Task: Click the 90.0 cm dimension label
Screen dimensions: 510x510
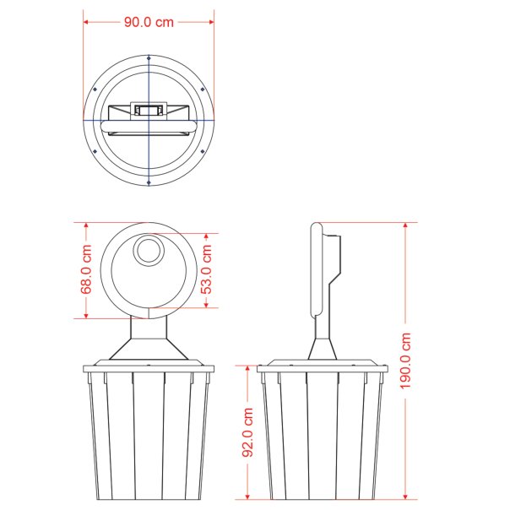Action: (149, 22)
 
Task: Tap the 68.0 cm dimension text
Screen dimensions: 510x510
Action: (86, 269)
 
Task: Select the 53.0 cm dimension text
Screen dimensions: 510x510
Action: (206, 269)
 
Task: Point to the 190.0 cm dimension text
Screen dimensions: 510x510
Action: (405, 361)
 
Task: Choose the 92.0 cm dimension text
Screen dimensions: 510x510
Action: (248, 432)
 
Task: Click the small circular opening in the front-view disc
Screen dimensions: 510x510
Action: (149, 251)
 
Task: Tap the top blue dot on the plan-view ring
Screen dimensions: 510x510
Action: (149, 58)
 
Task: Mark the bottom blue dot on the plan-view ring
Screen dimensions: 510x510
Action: (149, 182)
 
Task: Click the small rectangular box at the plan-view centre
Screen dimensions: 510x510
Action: (149, 111)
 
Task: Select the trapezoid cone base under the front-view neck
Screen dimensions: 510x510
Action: (149, 350)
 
